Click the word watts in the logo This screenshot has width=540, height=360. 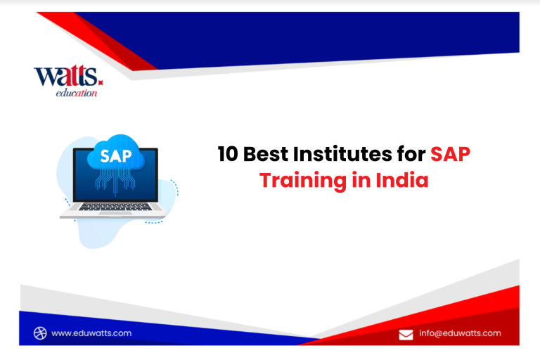tap(66, 76)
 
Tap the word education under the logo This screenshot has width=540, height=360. tap(77, 93)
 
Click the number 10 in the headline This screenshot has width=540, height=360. tap(228, 154)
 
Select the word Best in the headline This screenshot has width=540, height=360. tap(266, 154)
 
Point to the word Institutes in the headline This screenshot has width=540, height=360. tap(342, 154)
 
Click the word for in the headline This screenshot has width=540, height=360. tap(411, 154)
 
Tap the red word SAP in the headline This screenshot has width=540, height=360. tap(451, 154)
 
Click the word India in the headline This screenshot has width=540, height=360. tap(402, 180)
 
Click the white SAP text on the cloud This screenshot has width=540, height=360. tap(116, 156)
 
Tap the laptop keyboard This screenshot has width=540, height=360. tap(115, 207)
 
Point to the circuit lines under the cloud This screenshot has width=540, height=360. tap(115, 181)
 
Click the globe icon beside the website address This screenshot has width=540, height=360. tap(40, 333)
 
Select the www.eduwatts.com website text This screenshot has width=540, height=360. tap(91, 333)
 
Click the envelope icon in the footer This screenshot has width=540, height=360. tap(406, 335)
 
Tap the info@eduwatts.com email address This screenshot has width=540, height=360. tap(460, 333)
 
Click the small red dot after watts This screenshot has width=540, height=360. tap(101, 82)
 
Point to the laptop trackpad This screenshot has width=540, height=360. tap(115, 213)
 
